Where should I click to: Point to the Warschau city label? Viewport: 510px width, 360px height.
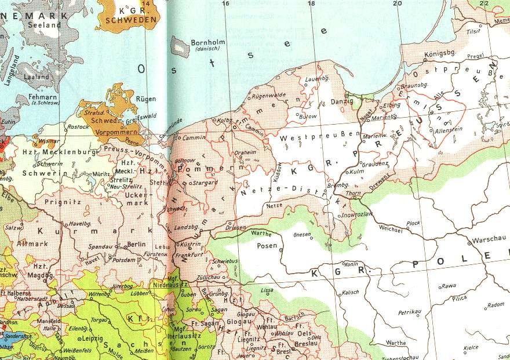[489, 239]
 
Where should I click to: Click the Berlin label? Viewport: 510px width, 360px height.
[136, 244]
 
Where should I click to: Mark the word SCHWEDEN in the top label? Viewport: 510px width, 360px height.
[139, 19]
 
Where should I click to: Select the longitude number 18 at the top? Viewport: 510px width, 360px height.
[311, 4]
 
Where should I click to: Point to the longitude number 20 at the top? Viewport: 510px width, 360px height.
[397, 4]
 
